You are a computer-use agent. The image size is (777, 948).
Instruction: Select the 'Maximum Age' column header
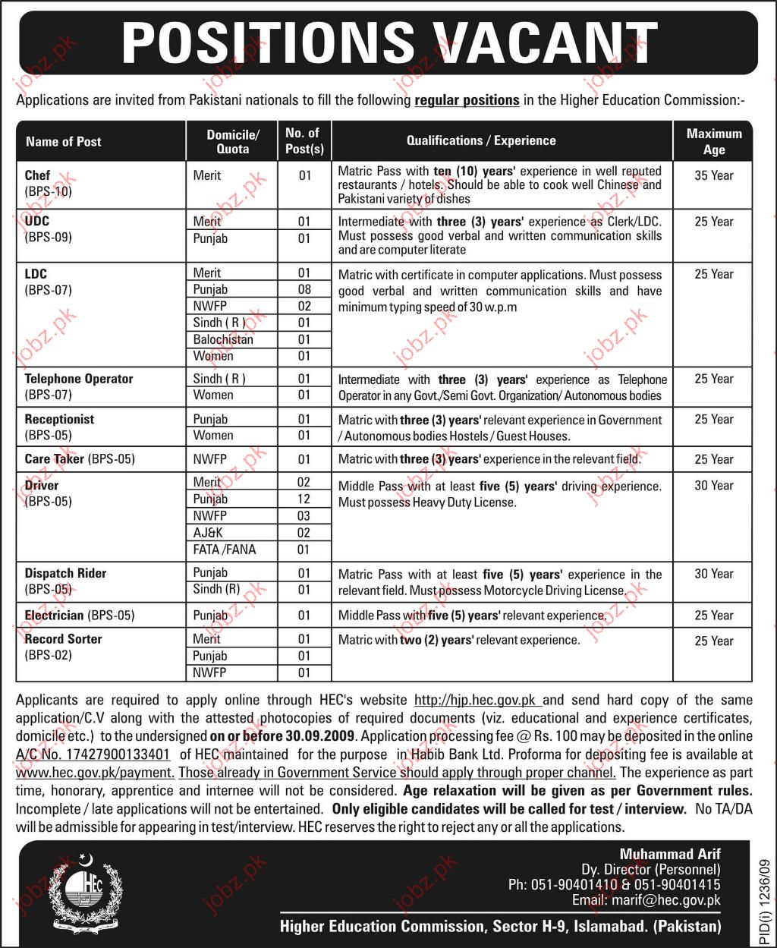713,141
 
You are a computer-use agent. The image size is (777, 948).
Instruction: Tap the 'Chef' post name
37,175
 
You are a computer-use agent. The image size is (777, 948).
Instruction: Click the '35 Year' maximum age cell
713,175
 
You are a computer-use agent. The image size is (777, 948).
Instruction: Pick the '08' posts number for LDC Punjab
304,289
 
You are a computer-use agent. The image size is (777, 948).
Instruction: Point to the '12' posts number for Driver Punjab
304,499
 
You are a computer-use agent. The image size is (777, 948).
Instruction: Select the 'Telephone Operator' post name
78,379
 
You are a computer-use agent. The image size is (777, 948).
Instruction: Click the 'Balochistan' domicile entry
222,339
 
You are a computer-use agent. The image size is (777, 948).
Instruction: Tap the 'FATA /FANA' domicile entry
224,550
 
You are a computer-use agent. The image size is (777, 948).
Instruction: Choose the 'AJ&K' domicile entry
208,533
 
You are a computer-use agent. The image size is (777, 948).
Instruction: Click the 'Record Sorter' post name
63,639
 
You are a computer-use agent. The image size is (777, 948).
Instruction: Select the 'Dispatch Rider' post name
65,573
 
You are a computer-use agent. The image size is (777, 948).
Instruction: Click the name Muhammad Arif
670,855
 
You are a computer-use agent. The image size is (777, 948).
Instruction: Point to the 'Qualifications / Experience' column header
481,141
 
